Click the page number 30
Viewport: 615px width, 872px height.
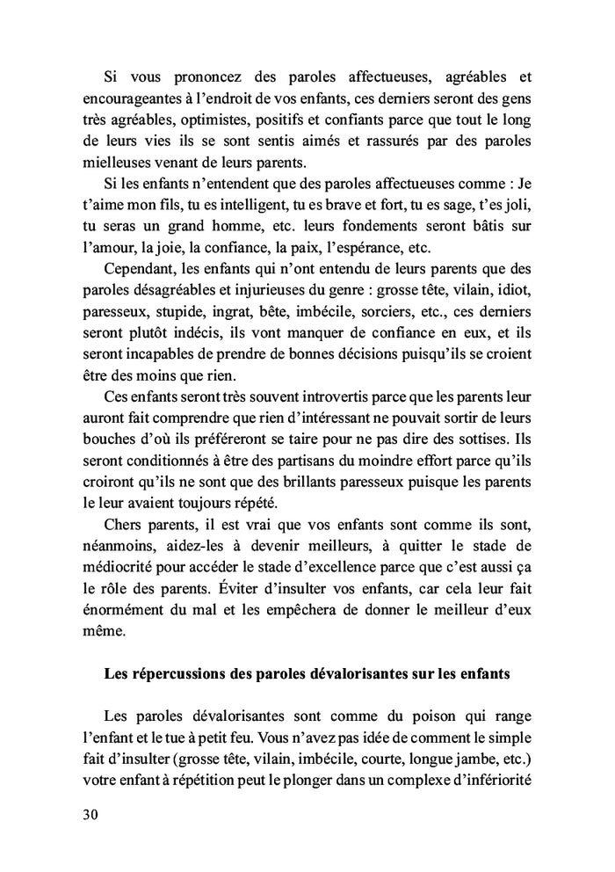tap(88, 813)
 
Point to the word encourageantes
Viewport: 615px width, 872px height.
tap(127, 100)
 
